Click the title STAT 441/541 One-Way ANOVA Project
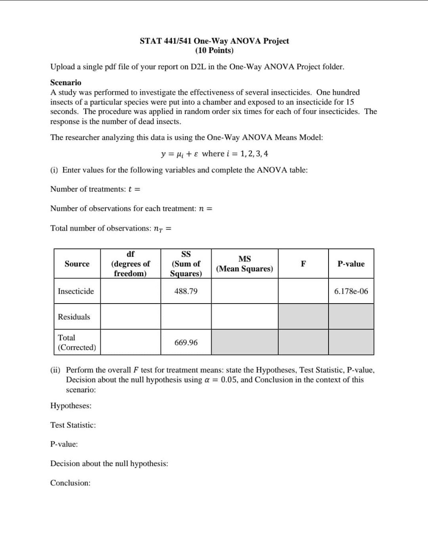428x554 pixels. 214,41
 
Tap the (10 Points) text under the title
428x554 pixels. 214,51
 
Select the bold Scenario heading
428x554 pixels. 66,82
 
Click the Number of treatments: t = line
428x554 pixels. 95,189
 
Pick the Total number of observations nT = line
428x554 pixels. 111,228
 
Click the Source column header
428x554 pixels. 77,264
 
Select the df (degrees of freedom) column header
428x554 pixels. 130,264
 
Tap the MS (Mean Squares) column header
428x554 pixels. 244,264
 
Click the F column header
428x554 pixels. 303,264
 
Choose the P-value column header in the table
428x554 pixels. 351,264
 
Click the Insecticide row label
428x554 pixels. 76,291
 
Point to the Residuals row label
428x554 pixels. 74,317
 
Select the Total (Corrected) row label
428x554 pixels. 77,342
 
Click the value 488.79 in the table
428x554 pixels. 186,291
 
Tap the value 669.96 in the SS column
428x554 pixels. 186,342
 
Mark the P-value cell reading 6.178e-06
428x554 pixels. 351,291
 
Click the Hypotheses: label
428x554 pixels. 71,406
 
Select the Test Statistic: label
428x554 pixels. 73,425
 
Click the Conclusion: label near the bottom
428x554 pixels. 70,483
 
